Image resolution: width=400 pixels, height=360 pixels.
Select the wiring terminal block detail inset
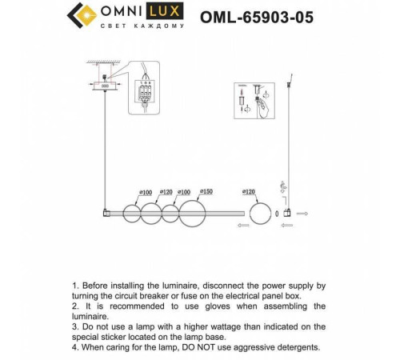[x=146, y=94]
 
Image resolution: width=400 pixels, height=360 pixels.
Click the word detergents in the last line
[x=291, y=346]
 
